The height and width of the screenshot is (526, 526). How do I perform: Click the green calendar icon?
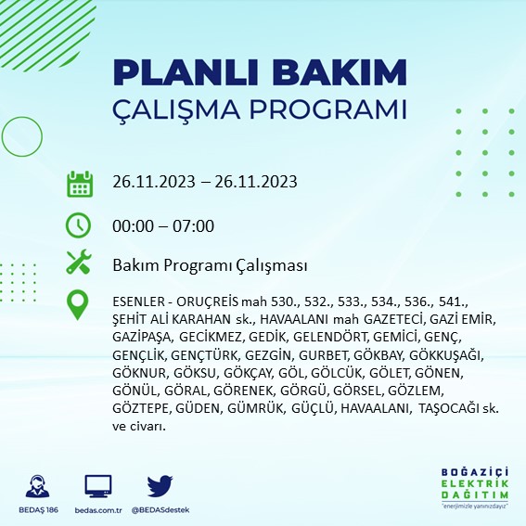point(79,183)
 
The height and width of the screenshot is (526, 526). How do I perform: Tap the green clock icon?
point(79,225)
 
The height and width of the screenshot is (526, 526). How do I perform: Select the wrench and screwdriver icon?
point(79,263)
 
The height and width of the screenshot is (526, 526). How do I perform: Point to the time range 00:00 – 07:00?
point(162,225)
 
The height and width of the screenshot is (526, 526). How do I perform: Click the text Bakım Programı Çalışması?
point(209,265)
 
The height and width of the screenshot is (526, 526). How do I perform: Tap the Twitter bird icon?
point(160,485)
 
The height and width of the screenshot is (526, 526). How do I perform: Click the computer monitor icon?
point(98,485)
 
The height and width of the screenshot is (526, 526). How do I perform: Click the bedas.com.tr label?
point(98,509)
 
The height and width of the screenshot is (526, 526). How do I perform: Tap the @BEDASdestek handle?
point(160,509)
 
